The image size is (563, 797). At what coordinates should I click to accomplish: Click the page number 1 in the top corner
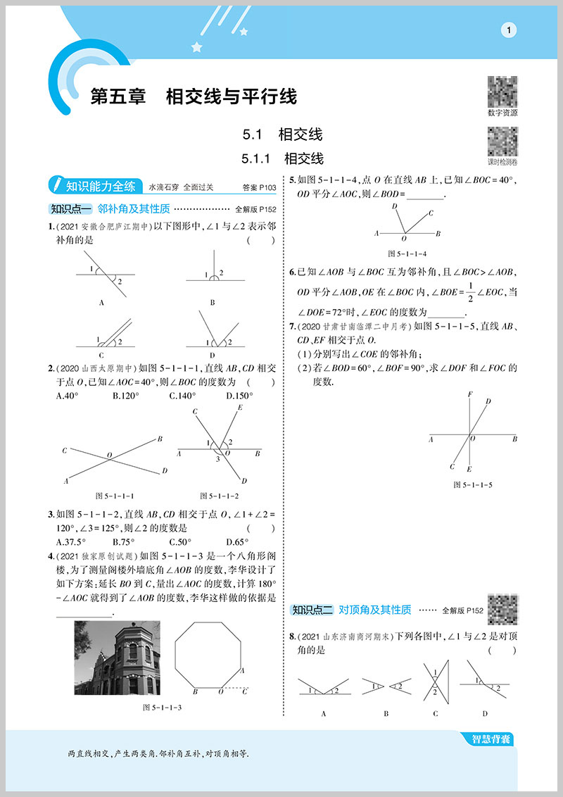click(508, 30)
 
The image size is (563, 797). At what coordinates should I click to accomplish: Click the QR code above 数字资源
click(502, 91)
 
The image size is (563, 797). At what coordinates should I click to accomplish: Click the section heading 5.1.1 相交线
click(282, 158)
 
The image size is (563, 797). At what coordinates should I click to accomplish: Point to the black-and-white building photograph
click(117, 658)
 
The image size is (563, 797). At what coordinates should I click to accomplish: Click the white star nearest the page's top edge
click(244, 32)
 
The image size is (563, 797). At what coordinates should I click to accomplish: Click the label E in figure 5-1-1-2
click(240, 408)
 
